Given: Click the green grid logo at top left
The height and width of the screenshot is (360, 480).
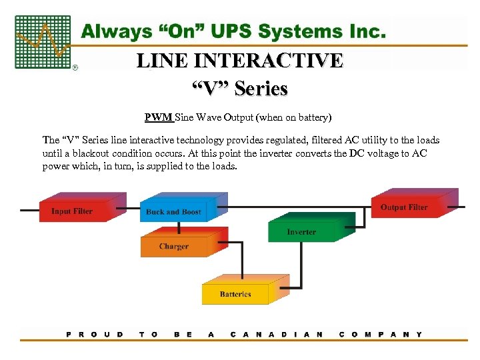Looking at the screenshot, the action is (43, 42).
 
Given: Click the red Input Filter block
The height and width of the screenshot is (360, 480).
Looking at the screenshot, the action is (72, 211).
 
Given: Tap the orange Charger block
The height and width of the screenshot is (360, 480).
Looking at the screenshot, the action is (173, 247).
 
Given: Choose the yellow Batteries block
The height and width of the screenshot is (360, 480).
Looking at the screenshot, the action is (235, 293).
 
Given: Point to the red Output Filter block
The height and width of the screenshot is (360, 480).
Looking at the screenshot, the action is (404, 207).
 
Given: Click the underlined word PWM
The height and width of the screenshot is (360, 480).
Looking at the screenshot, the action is (159, 118).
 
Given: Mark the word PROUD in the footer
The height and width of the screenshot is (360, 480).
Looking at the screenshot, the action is (95, 334).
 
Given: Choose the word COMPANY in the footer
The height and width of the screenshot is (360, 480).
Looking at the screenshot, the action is (381, 334).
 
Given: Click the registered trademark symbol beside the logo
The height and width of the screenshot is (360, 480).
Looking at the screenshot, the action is (75, 67).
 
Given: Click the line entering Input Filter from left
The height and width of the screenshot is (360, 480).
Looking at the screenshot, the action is (29, 211).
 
